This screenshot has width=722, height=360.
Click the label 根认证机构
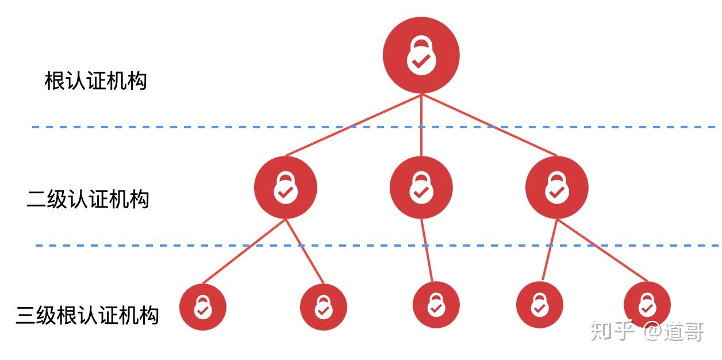(x=96, y=81)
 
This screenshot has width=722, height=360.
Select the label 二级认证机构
(x=88, y=199)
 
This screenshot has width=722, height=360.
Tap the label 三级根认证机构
(x=87, y=315)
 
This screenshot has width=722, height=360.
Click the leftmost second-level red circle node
(x=286, y=187)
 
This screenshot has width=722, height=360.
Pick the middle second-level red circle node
(x=421, y=187)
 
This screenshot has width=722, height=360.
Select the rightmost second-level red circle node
(x=556, y=187)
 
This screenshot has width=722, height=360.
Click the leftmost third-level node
(x=202, y=307)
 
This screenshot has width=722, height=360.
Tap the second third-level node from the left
(x=324, y=307)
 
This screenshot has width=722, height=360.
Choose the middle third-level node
(x=436, y=305)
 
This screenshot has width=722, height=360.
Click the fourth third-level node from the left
(x=539, y=305)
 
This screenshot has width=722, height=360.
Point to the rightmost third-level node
(x=647, y=305)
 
